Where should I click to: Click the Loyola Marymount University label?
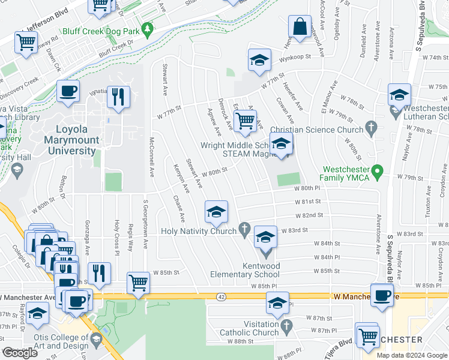click(72, 140)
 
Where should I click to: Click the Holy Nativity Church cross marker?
click(244, 228)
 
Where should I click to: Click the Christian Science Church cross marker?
click(372, 127)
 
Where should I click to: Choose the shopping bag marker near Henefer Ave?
click(299, 27)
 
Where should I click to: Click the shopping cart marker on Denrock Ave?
click(245, 121)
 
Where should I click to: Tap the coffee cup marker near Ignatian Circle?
click(67, 91)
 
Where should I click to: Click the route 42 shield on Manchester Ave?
click(221, 296)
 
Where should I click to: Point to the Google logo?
click(20, 353)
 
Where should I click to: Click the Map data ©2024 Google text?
click(411, 355)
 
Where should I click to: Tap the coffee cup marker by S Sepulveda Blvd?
click(382, 295)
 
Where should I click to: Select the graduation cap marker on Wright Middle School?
click(281, 143)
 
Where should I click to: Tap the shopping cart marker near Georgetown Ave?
click(138, 282)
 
